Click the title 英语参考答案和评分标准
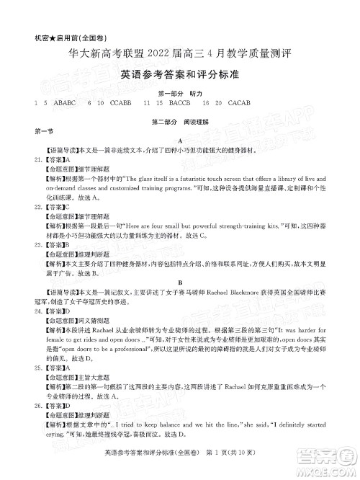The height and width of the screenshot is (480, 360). point(180,74)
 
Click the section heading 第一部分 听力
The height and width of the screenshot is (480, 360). point(180,94)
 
